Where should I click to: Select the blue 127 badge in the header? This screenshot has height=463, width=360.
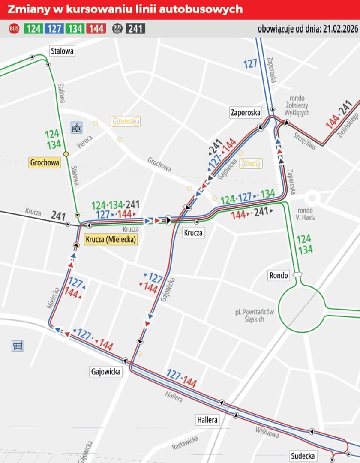54,29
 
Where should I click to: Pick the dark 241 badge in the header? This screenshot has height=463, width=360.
135,29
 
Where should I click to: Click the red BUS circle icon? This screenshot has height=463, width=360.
14,29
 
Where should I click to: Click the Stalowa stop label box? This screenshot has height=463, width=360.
62,51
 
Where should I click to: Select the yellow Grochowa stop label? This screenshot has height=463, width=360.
45,162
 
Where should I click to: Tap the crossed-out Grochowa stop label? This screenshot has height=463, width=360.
126,121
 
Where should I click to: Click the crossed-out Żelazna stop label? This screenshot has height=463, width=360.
251,163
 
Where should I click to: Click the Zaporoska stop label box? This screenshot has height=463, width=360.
245,113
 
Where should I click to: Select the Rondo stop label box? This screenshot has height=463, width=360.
279,275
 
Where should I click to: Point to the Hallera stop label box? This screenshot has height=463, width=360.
207,420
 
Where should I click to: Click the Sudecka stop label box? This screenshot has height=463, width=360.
303,456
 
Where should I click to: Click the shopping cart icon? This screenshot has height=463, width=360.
18,346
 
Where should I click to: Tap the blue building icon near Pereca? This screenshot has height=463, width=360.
76,127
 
